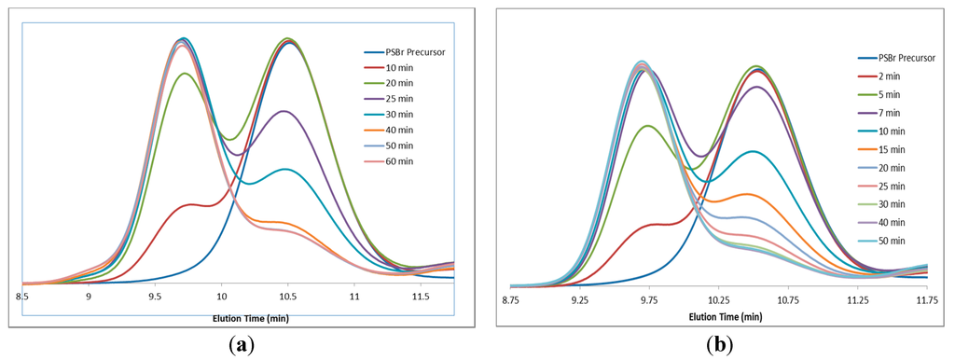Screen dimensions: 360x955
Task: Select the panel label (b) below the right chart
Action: tap(718, 344)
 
